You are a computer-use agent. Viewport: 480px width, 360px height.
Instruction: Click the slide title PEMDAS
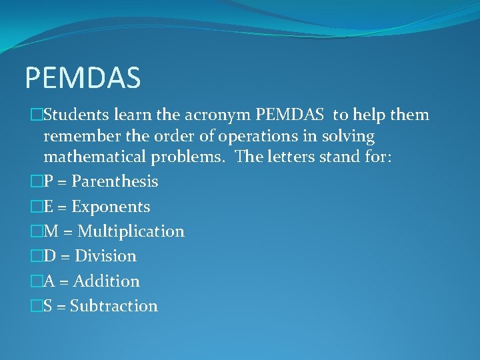(83, 77)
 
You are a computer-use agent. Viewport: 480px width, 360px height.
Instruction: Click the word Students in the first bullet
(73, 115)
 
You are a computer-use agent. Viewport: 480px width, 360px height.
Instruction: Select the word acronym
(217, 115)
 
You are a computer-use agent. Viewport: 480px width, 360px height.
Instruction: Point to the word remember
(79, 137)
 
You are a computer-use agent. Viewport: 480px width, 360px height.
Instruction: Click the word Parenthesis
(115, 181)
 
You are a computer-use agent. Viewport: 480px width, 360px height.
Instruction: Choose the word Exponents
(111, 207)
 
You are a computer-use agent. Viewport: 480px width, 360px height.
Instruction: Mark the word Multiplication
(131, 231)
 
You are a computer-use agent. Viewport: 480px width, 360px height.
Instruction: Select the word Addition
(107, 281)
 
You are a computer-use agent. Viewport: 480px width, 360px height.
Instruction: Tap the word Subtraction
(113, 306)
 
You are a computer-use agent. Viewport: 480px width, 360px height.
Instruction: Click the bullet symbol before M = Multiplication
(36, 232)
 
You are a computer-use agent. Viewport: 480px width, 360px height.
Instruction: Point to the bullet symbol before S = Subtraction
(36, 307)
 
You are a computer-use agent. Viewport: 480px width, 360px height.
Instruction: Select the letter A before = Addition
(49, 281)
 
